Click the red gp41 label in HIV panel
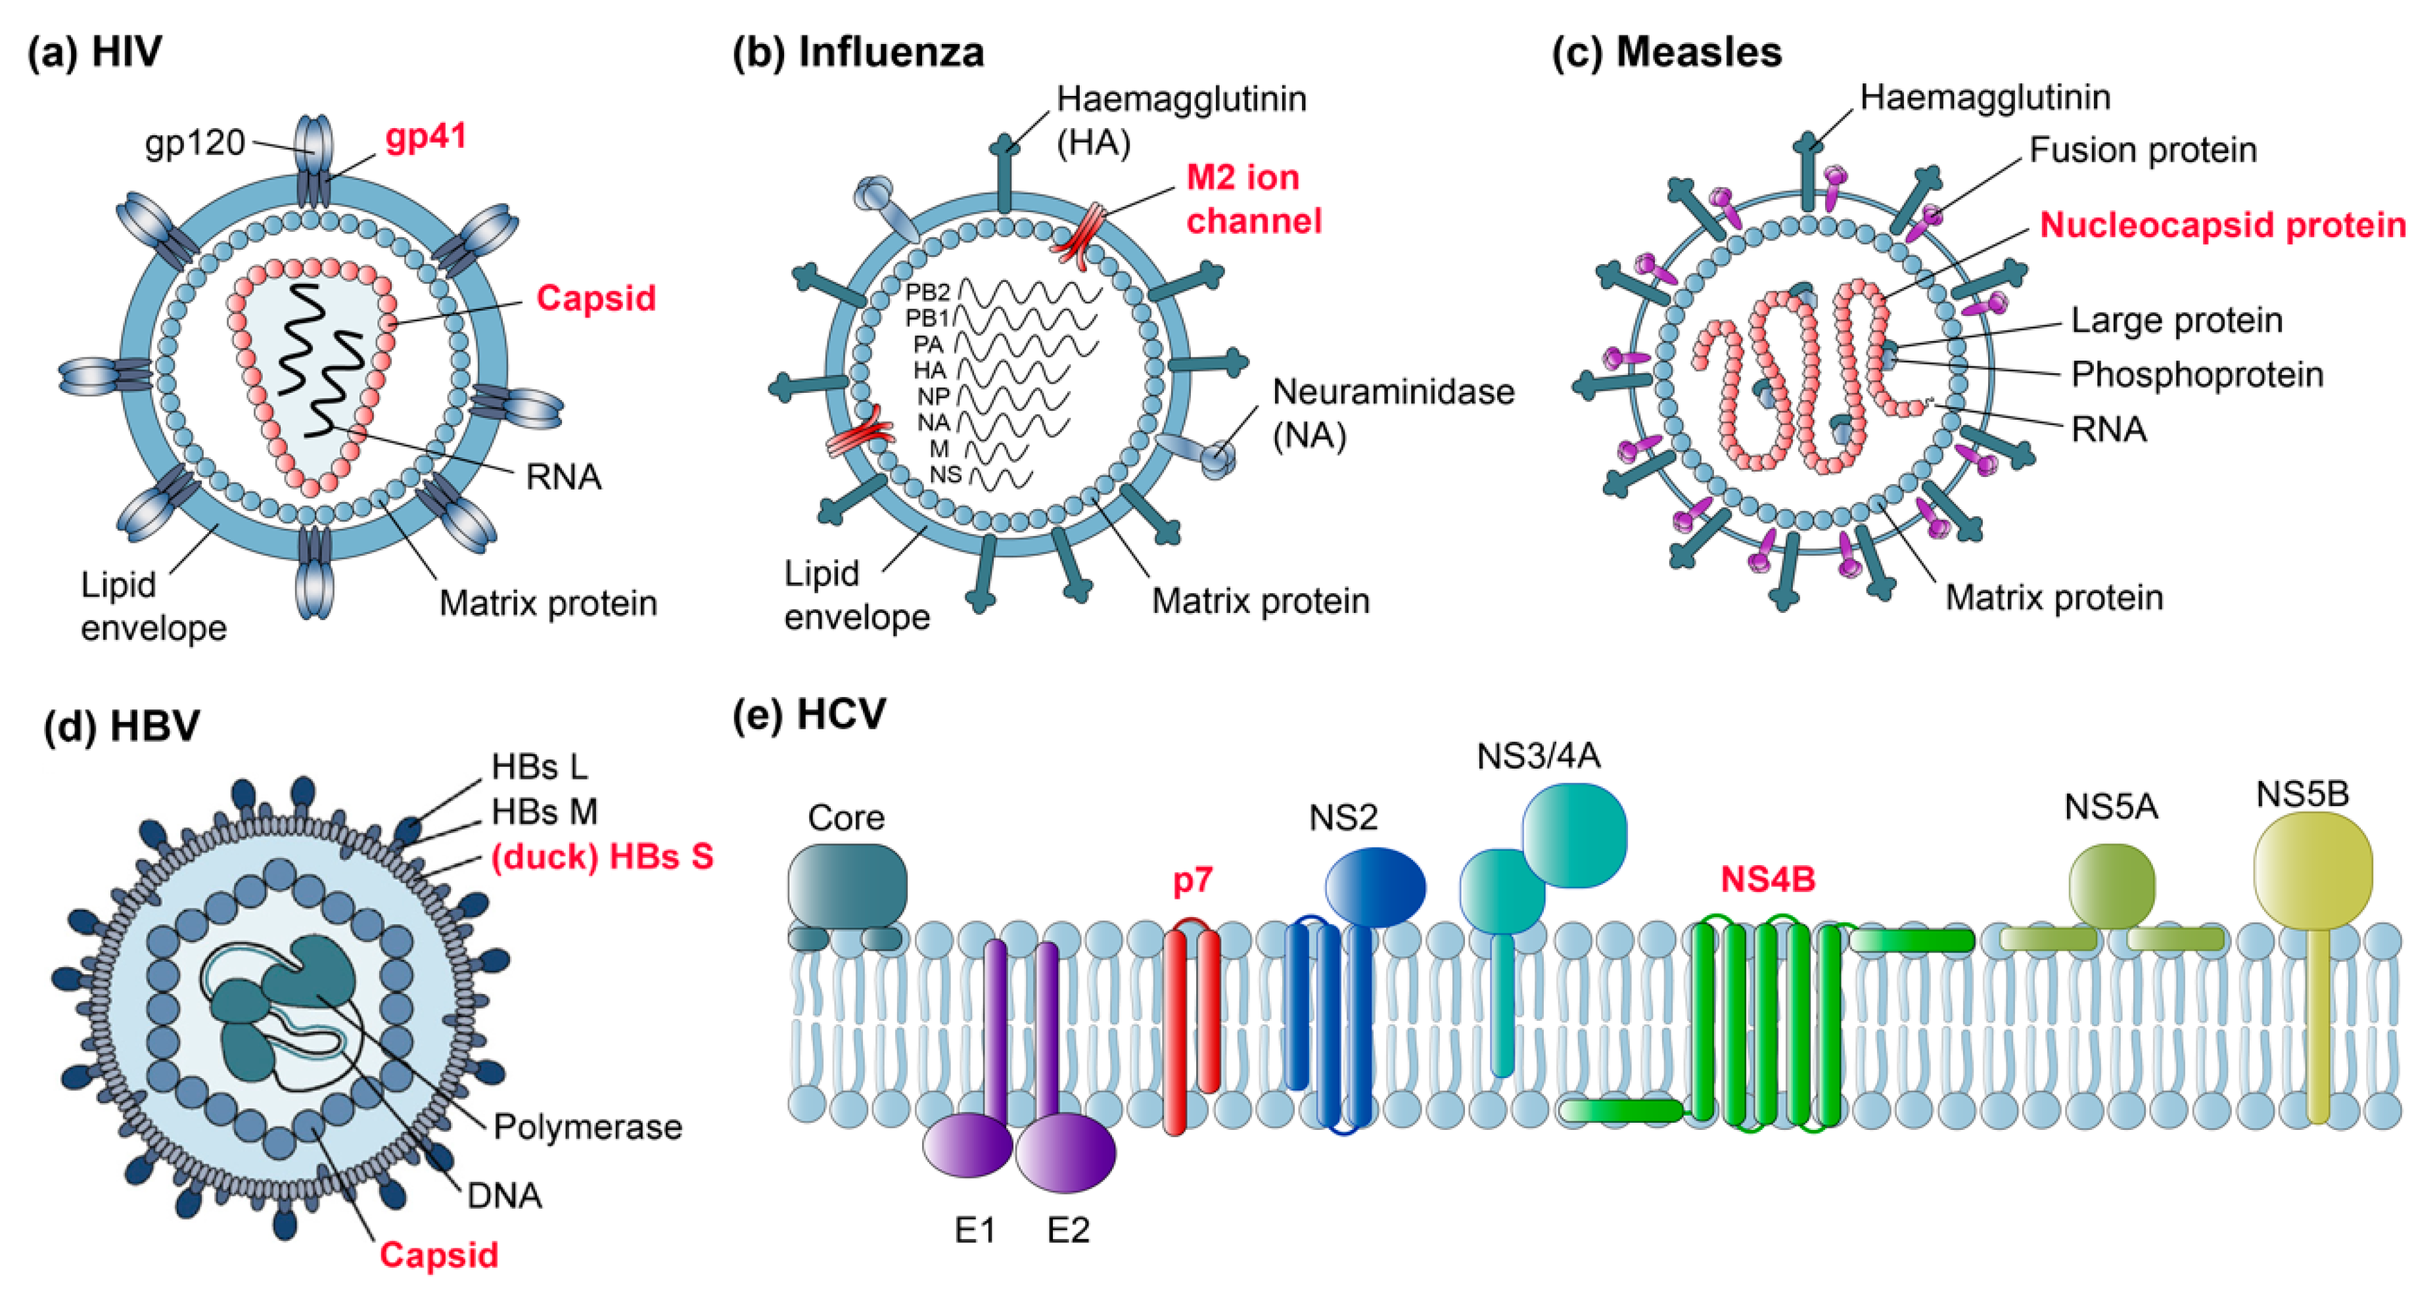pos(425,138)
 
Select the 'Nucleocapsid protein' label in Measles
pos(2222,225)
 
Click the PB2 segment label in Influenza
pos(927,292)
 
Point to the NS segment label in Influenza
pos(944,474)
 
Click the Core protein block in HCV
pos(847,886)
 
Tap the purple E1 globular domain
pos(967,1144)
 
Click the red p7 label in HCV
pos(1192,880)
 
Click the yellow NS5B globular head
pos(2312,869)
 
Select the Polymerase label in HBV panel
pos(587,1127)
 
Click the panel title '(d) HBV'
pos(122,726)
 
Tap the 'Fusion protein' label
pos(2142,149)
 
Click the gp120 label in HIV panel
pos(195,143)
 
